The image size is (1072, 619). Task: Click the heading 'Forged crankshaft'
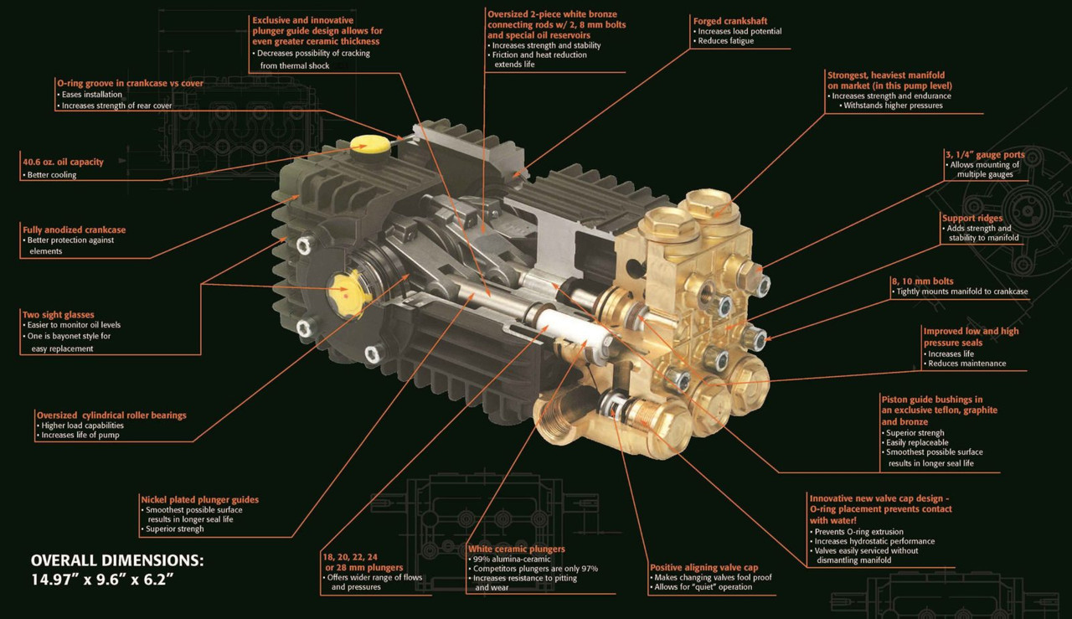(x=729, y=21)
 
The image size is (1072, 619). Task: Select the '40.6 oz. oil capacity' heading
(x=63, y=162)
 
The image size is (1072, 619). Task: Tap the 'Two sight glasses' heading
(x=59, y=315)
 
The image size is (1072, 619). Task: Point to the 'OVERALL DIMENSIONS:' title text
(x=117, y=560)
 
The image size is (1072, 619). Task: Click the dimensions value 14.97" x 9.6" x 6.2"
(x=102, y=580)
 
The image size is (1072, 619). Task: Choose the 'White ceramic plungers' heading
(x=517, y=549)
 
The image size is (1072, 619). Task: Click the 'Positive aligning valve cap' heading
(x=704, y=567)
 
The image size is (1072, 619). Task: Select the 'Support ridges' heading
(x=972, y=218)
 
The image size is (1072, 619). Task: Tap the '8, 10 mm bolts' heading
(x=922, y=281)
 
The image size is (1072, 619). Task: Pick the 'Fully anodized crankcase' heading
(x=75, y=230)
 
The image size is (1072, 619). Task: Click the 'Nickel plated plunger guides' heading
(x=199, y=499)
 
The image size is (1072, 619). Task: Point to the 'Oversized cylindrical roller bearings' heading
(x=111, y=415)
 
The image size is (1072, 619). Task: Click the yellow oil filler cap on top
(x=370, y=143)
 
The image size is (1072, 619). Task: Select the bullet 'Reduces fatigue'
(x=725, y=41)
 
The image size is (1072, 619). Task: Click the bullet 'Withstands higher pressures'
(x=891, y=106)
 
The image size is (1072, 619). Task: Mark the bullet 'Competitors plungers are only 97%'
(x=533, y=569)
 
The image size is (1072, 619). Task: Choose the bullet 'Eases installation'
(x=90, y=95)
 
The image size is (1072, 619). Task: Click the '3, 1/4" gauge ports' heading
(x=985, y=155)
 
